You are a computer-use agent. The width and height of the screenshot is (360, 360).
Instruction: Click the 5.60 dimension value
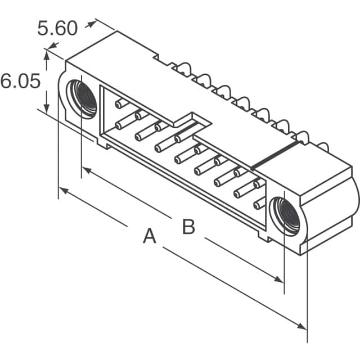pyautogui.click(x=57, y=28)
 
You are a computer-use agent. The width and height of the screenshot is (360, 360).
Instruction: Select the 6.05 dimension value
pyautogui.click(x=20, y=82)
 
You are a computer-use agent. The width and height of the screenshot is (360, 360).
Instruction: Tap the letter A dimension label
pyautogui.click(x=148, y=236)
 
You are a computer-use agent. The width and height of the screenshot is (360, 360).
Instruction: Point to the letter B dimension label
pyautogui.click(x=188, y=227)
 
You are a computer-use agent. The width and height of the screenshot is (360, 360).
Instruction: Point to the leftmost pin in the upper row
pyautogui.click(x=120, y=103)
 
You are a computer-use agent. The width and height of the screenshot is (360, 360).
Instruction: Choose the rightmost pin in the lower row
pyautogui.click(x=259, y=204)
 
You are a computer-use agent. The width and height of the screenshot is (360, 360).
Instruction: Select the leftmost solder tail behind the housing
pyautogui.click(x=183, y=70)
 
